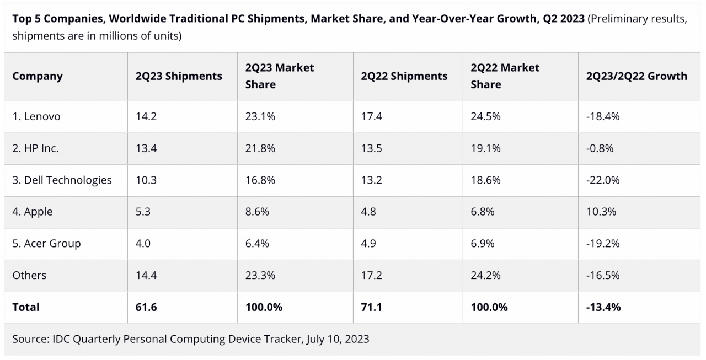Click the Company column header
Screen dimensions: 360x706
tap(38, 76)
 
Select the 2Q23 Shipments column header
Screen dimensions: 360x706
tap(179, 76)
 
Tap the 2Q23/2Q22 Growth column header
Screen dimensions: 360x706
tap(637, 76)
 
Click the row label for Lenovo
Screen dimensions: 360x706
tap(36, 117)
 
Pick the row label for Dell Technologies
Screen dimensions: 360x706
tap(62, 180)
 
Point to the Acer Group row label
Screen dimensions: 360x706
tap(46, 244)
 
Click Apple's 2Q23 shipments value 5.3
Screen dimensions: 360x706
tap(143, 212)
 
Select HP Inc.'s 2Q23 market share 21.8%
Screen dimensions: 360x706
tap(260, 148)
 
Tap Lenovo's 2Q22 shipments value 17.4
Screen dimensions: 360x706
tap(371, 117)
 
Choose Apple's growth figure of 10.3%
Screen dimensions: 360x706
tap(601, 212)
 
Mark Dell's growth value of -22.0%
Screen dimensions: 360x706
tap(603, 180)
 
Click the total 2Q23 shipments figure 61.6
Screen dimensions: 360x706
tap(146, 307)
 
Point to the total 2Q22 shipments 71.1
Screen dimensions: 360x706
tap(371, 307)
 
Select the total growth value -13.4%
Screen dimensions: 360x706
tap(603, 307)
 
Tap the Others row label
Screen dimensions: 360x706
tap(29, 275)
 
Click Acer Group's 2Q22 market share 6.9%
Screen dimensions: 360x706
tap(483, 244)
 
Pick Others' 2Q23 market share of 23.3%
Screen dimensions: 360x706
tap(260, 275)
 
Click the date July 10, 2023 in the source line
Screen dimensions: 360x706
tap(335, 339)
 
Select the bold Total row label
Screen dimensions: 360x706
tap(26, 307)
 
